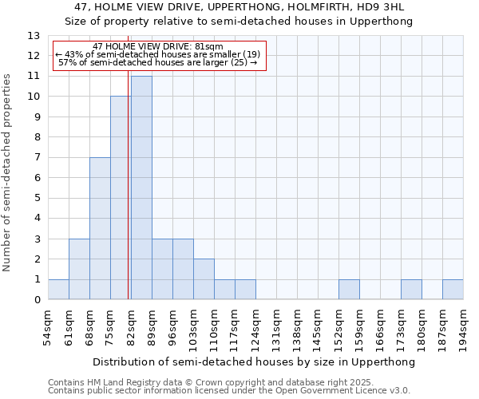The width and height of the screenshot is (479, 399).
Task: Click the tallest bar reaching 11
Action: coord(141,188)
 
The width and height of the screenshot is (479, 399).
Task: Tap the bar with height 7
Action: coord(100,228)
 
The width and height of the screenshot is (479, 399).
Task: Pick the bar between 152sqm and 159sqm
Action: coord(349,290)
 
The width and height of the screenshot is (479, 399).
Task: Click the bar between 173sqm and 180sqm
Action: coord(411,290)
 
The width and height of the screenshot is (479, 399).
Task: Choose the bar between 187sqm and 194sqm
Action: coord(453,290)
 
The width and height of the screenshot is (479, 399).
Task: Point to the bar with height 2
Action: coord(204,279)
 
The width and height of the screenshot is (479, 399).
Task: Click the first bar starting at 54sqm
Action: coord(58,290)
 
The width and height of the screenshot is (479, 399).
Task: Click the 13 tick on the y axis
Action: coord(34,36)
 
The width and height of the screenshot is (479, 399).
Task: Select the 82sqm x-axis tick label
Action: coord(131,326)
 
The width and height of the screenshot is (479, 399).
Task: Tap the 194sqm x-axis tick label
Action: coord(463,328)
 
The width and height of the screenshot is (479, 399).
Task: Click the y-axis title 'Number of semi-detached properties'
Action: coord(9,172)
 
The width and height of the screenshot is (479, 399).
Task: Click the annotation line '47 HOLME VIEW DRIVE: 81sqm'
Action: coord(158,47)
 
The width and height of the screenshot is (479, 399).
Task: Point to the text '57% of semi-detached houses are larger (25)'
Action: coord(158,63)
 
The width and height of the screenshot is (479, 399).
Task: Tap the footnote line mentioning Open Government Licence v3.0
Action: coord(229,391)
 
